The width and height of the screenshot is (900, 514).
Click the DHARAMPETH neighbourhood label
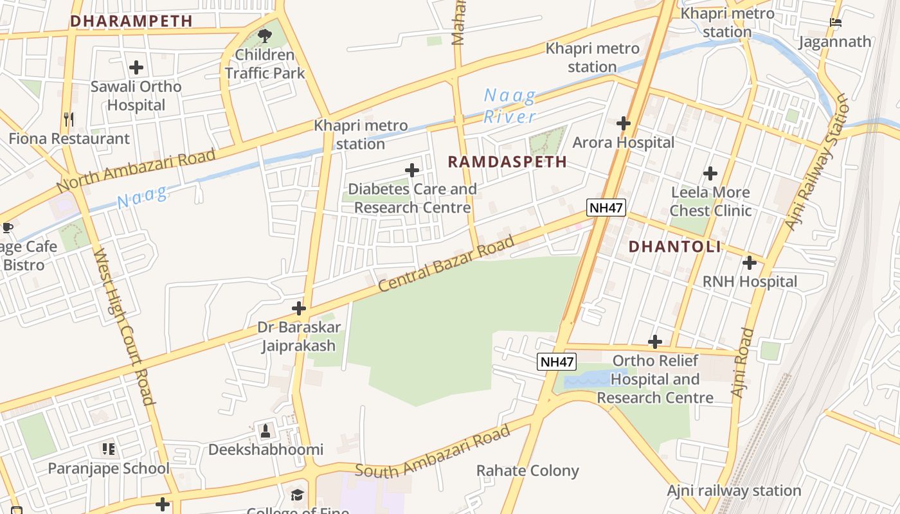131,21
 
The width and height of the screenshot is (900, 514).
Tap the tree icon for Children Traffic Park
264,35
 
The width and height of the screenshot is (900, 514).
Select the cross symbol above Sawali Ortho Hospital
136,67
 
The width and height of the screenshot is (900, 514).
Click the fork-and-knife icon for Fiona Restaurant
69,119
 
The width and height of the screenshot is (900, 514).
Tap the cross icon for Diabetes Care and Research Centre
412,170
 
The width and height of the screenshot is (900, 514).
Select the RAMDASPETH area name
507,162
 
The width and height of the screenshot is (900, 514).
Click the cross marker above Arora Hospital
623,123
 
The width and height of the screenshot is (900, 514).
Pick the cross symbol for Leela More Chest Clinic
710,173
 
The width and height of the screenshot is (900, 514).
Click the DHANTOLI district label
674,247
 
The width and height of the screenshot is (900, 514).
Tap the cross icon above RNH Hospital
750,263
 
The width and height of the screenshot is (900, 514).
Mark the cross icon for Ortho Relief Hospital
655,342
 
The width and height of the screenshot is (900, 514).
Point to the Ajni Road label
742,362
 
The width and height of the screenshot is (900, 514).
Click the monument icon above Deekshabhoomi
265,430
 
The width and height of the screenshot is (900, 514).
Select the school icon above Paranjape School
109,449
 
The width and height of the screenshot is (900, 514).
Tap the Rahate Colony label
527,470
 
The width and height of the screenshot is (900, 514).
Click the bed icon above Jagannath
835,22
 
